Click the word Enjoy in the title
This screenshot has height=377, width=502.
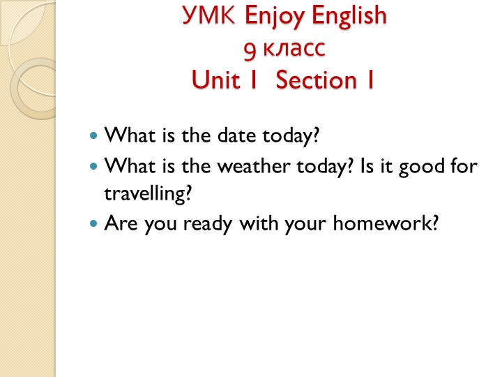click(x=275, y=17)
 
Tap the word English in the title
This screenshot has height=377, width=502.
click(x=349, y=17)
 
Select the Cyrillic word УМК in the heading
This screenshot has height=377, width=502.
click(x=208, y=15)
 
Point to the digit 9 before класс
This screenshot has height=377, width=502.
click(x=250, y=51)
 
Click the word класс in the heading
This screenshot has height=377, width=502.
click(x=294, y=49)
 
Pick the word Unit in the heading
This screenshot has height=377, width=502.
click(x=215, y=79)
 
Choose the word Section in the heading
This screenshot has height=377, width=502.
click(x=317, y=79)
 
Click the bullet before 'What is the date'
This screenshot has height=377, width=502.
click(x=93, y=135)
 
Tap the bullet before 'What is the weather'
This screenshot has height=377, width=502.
click(x=93, y=166)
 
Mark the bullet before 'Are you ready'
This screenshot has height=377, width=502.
click(x=93, y=223)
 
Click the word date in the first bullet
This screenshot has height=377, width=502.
click(x=236, y=135)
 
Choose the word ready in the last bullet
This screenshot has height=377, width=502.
click(x=208, y=224)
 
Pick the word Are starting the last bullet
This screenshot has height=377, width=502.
click(x=121, y=223)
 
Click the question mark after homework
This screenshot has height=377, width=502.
click(x=435, y=223)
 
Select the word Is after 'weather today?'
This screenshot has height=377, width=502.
click(x=367, y=166)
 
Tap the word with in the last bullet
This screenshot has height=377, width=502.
click(x=259, y=223)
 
